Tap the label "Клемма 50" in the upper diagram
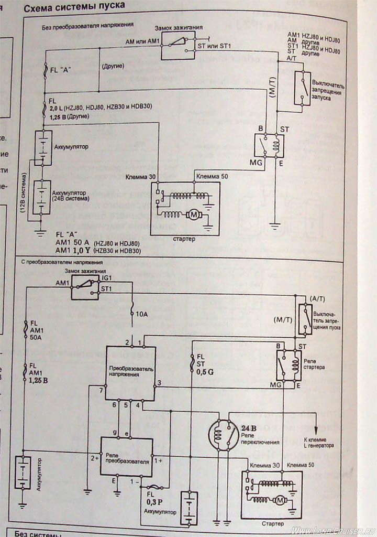210,177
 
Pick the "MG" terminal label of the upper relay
249,164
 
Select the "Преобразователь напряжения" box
130,372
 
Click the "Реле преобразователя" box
128,457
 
